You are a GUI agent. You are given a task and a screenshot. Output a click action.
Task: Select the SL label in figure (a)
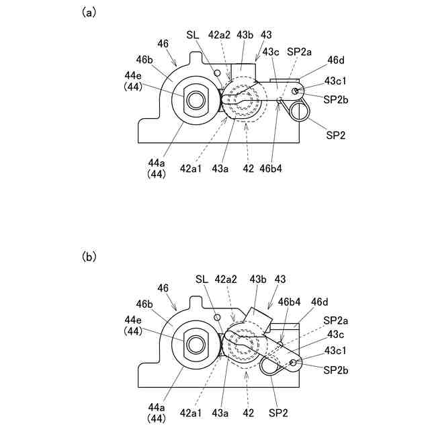click(192, 35)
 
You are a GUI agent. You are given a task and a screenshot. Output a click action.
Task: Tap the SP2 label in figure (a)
click(335, 135)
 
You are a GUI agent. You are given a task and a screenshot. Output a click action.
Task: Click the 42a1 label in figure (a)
click(191, 169)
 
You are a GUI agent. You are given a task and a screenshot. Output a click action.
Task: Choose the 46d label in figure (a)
click(336, 60)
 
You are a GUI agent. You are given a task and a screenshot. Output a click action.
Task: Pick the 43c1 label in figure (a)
click(335, 80)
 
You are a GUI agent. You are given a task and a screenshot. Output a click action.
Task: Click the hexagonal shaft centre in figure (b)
click(196, 345)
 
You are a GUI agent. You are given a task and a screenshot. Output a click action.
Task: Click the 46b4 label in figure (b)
click(290, 302)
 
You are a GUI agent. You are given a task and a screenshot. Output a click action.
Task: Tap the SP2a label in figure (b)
click(336, 320)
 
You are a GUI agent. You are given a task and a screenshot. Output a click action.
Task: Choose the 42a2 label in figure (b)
click(226, 278)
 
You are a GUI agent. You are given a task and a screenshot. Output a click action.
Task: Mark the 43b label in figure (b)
click(258, 278)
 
